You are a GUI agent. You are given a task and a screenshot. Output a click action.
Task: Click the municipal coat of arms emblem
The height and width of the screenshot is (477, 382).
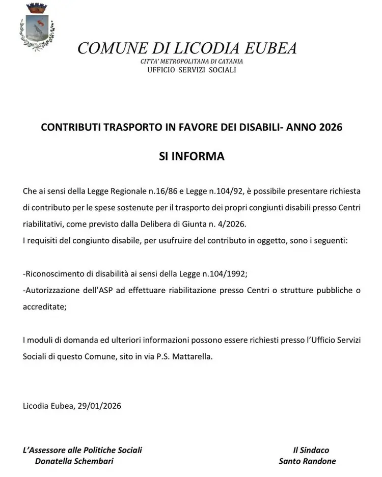pos(35,27)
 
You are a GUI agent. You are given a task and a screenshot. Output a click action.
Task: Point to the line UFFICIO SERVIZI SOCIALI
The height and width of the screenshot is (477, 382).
pos(192,70)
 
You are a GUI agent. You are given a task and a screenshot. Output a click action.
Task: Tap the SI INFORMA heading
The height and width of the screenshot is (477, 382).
pos(192,156)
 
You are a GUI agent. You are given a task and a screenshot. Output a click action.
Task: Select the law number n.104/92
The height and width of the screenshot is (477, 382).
pos(220,191)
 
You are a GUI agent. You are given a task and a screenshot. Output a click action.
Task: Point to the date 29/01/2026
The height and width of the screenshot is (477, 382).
pos(99,406)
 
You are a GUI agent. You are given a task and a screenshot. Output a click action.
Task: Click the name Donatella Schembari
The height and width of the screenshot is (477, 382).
pos(74,461)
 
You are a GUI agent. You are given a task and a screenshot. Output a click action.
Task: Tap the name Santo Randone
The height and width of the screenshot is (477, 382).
pos(307,461)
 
